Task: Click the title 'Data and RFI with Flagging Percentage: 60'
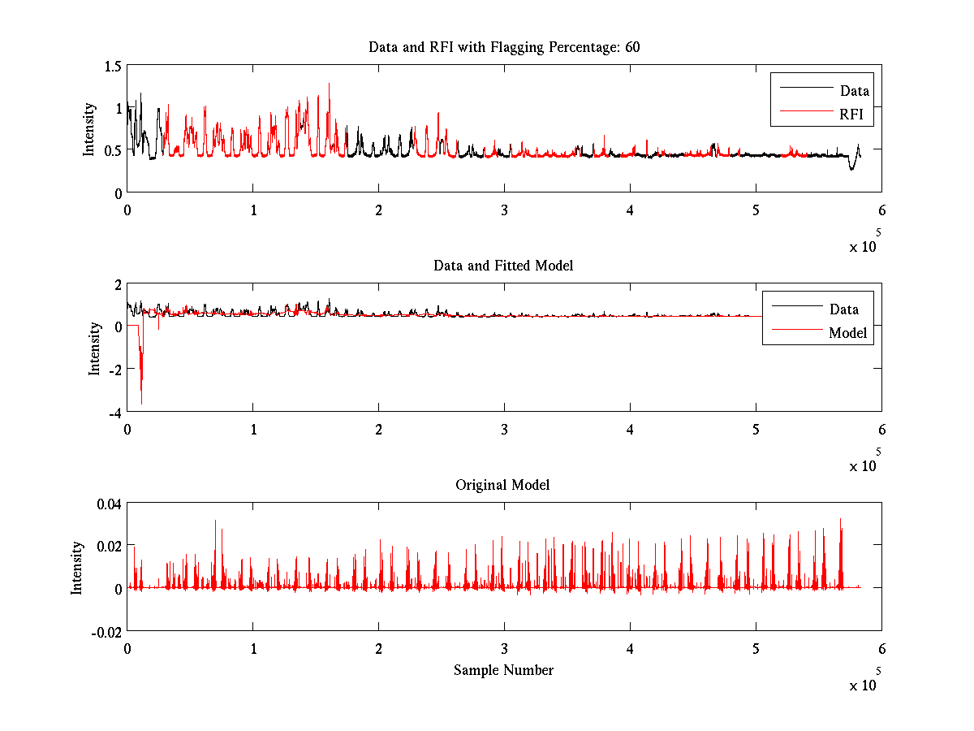tap(504, 47)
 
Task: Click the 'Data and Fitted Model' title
tap(504, 266)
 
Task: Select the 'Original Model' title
tap(502, 485)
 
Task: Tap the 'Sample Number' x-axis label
tap(503, 670)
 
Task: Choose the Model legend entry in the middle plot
tap(847, 332)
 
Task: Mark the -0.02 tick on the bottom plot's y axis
tap(106, 631)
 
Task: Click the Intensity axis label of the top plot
tap(89, 129)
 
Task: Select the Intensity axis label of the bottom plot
tap(77, 568)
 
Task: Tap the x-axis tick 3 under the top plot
tap(505, 210)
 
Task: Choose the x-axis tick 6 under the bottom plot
tap(881, 648)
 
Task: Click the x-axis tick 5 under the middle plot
tap(756, 429)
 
